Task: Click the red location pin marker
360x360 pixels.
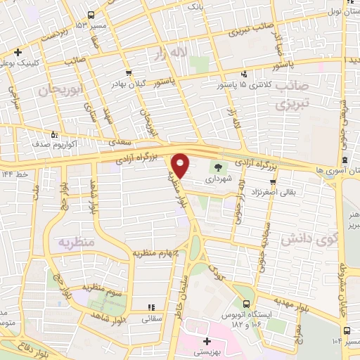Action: (181, 165)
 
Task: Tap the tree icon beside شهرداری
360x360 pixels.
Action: (218, 167)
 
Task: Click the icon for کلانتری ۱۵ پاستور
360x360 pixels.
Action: (244, 74)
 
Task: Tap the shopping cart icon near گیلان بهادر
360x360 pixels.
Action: (127, 72)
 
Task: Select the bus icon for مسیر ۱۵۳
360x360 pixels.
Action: (91, 15)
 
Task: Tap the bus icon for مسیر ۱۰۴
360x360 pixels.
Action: (347, 330)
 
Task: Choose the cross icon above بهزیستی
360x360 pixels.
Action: (207, 341)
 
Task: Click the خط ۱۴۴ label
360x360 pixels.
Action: (15, 173)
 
